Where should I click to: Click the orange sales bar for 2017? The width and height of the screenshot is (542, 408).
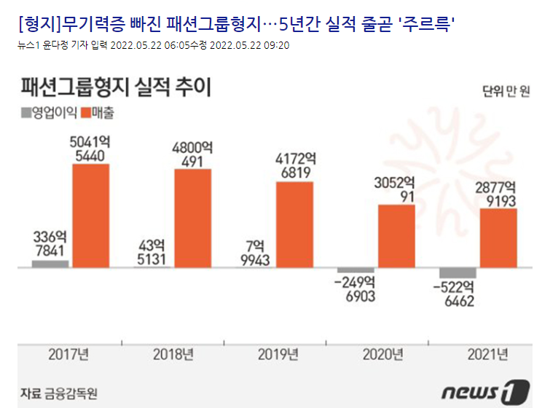[x=91, y=216]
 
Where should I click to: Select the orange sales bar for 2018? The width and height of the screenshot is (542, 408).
[x=192, y=218]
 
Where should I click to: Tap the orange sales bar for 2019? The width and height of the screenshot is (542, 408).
[x=294, y=224]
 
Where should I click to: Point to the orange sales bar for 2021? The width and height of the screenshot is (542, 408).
[x=498, y=238]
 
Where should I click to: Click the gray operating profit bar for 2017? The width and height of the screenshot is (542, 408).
[x=50, y=264]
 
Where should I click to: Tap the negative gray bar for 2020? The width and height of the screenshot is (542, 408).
[x=356, y=270]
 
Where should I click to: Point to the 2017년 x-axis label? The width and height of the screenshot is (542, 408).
[x=69, y=356]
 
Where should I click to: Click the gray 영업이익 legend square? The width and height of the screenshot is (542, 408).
[x=26, y=113]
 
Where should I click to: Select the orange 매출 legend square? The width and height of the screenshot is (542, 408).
[x=85, y=113]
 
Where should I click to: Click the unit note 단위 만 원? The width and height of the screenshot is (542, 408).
[x=505, y=91]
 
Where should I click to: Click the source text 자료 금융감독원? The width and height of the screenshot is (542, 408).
[x=59, y=393]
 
